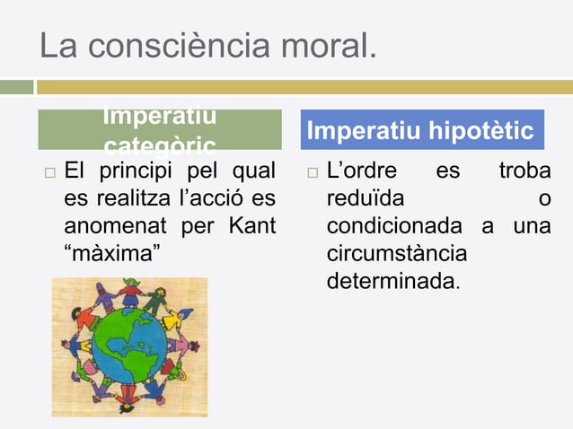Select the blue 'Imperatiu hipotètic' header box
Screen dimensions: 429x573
point(420,131)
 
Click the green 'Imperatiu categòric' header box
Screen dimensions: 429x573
point(159,130)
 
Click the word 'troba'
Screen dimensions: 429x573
point(525,171)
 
